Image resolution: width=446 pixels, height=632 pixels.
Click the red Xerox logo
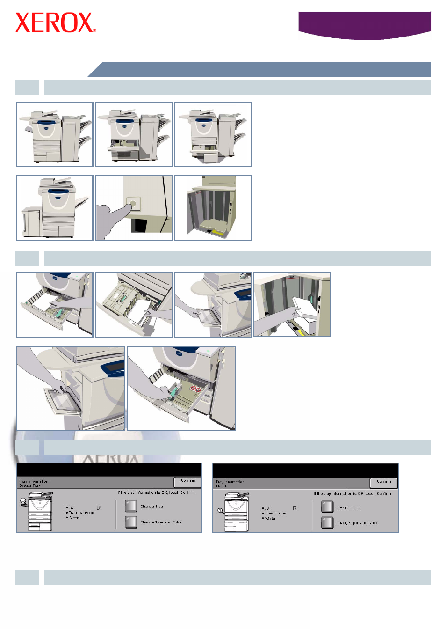coord(55,23)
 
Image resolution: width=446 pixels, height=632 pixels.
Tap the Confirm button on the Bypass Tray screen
coord(187,481)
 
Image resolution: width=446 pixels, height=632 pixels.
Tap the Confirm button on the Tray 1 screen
coord(383,482)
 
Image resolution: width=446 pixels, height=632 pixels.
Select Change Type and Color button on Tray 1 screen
coord(327,522)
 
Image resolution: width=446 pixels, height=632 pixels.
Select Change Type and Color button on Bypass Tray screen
coord(131,522)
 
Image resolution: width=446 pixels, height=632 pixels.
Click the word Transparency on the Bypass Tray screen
coord(81,513)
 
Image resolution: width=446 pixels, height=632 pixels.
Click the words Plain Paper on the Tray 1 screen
coord(276,513)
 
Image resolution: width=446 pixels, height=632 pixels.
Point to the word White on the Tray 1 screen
coord(270,518)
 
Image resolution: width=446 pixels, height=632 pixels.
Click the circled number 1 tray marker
coord(219,510)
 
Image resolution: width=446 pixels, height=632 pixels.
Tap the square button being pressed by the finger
coord(133,204)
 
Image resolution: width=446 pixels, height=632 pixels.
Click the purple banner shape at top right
coord(364,24)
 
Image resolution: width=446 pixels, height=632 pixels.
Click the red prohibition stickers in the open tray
coord(195,389)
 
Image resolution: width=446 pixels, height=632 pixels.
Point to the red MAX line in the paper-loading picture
coord(292,277)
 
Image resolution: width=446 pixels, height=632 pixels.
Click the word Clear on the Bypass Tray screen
coord(74,518)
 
